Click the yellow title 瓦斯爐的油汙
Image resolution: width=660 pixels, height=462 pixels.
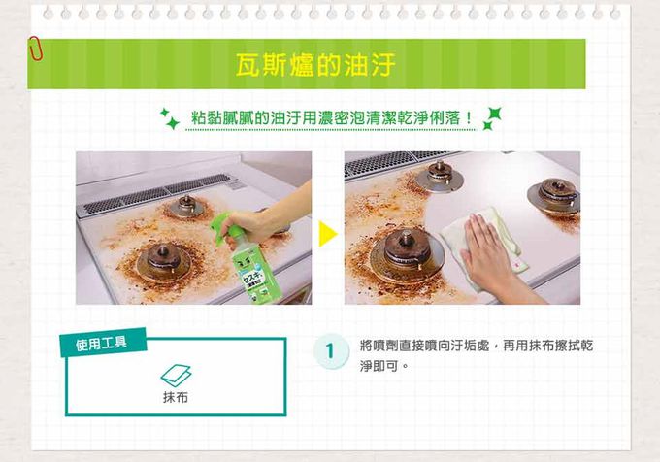[x=315, y=65]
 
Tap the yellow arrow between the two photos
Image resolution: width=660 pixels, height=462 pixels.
[x=328, y=234]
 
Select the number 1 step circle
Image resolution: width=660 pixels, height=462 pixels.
[x=331, y=351]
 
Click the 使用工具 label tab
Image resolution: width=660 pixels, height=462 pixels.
[x=103, y=343]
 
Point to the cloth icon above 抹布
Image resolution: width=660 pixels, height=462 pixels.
[x=176, y=375]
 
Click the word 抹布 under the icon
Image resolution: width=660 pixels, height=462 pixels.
[x=176, y=397]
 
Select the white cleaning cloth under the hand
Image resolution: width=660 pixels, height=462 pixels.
[x=484, y=248]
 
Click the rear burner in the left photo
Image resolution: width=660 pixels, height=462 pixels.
[x=185, y=206]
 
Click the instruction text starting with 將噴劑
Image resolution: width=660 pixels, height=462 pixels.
[x=477, y=355]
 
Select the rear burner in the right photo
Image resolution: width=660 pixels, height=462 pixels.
[x=439, y=176]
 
